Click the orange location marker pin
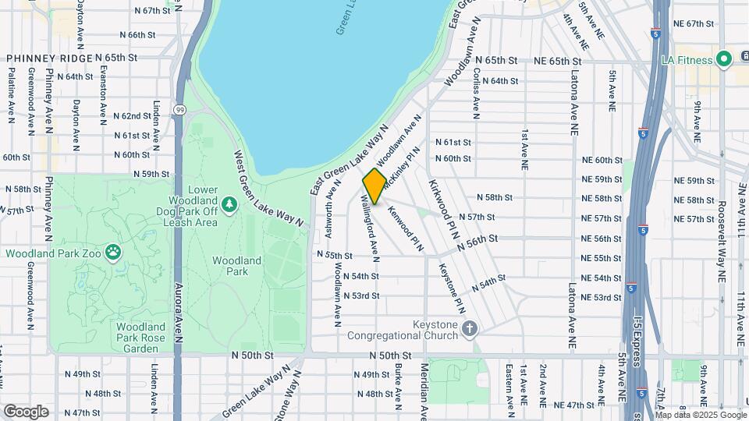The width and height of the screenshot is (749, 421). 374,186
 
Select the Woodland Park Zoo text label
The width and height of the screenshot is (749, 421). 55,253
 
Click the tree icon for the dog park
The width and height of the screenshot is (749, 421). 229,204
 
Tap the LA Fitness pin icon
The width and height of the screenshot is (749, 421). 723,59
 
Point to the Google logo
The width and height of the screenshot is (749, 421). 26,411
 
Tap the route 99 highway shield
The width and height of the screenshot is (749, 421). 179,110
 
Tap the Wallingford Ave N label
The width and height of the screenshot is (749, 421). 369,230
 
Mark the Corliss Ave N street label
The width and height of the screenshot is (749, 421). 476,90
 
